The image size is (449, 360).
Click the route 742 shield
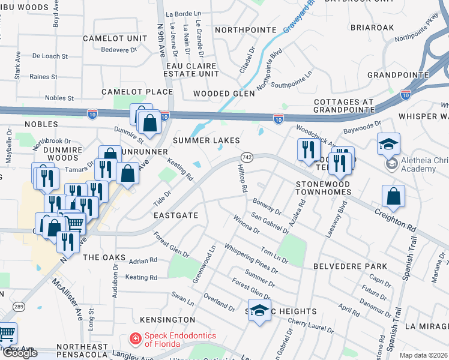click(246, 157)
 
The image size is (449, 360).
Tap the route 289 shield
click(19, 305)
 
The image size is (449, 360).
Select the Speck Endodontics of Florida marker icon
click(136, 340)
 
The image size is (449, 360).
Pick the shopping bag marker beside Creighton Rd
click(393, 197)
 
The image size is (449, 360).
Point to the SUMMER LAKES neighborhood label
click(206, 140)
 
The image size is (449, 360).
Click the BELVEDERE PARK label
click(342, 265)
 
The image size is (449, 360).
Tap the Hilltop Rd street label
click(241, 179)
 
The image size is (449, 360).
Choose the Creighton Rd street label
click(396, 220)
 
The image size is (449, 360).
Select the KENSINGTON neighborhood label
click(167, 320)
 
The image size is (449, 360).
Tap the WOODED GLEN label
click(224, 94)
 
